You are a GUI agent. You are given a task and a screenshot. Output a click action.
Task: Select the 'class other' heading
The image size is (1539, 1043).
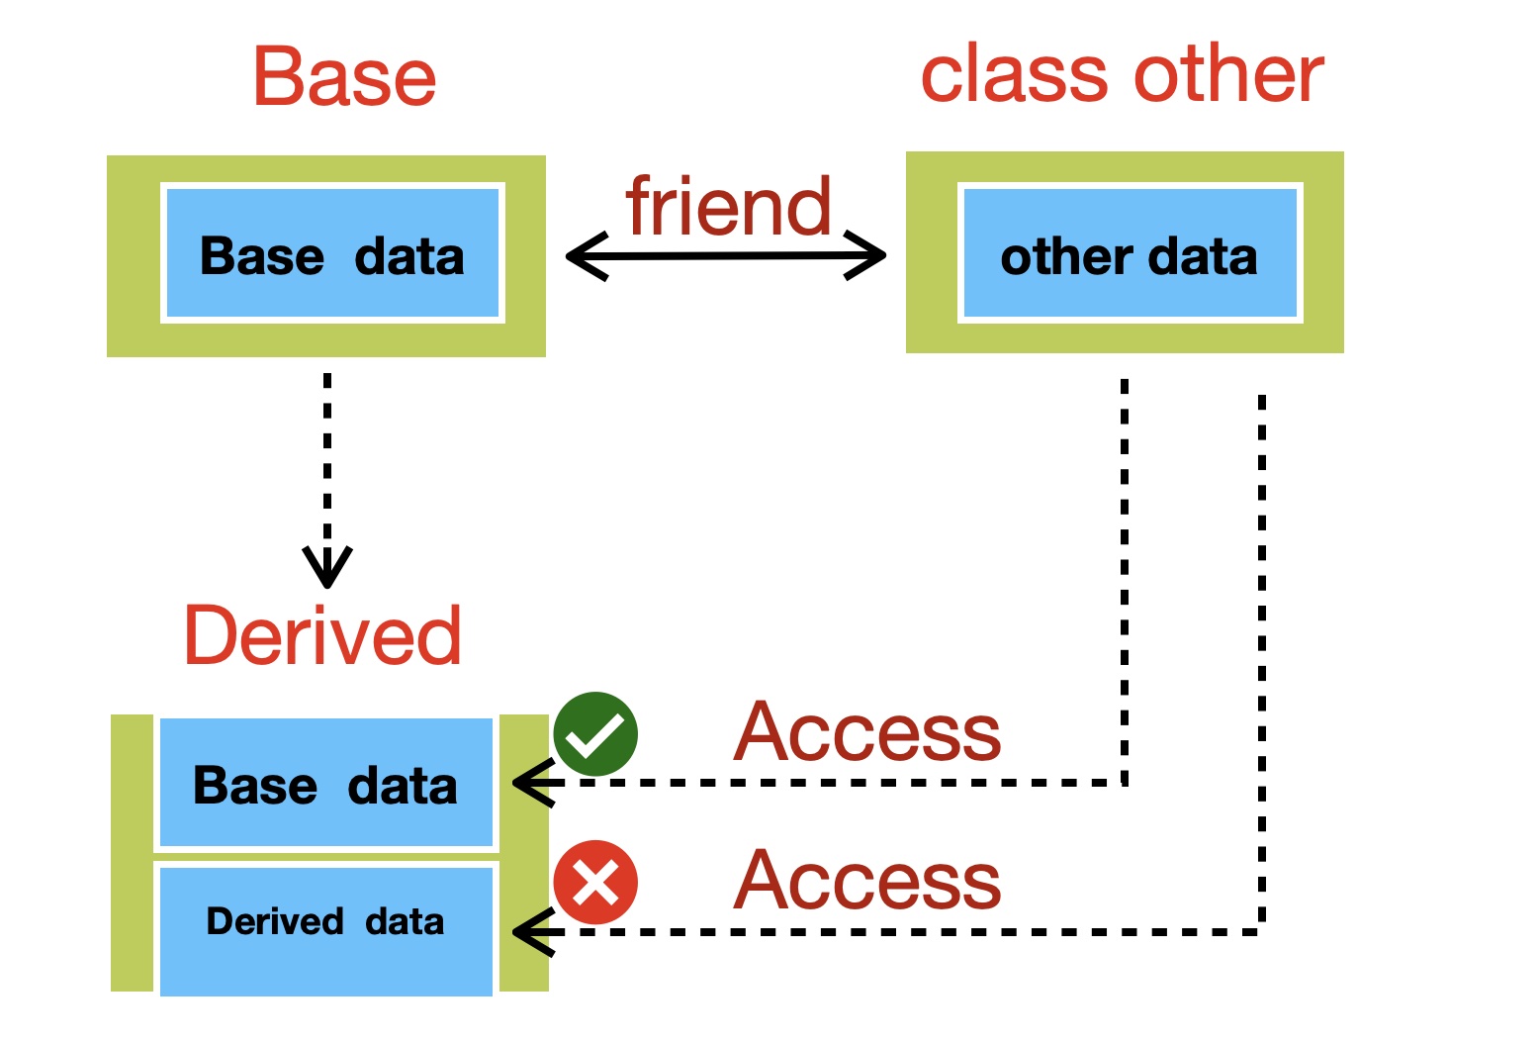tap(1122, 73)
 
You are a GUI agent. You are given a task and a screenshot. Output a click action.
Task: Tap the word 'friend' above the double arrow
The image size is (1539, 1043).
tap(728, 205)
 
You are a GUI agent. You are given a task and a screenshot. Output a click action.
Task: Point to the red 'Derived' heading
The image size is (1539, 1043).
tap(322, 635)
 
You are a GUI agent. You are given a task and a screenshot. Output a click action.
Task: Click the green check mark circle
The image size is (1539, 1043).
tap(595, 734)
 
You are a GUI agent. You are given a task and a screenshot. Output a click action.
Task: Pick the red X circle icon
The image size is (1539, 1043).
tap(595, 882)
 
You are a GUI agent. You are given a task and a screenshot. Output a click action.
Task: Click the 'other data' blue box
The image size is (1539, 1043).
tap(1131, 253)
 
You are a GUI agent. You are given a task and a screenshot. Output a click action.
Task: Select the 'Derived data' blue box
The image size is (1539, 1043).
tap(326, 931)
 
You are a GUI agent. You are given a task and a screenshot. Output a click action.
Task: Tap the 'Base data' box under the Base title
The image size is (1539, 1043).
tap(332, 253)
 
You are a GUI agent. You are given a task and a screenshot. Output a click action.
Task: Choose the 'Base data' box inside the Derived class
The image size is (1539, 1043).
tap(326, 783)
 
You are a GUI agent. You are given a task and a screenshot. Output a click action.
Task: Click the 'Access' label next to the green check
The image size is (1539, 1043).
tap(867, 731)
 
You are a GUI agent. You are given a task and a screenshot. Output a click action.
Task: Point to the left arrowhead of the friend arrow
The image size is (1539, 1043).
tap(586, 256)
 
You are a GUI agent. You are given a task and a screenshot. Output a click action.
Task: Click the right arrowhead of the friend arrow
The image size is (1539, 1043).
tap(865, 255)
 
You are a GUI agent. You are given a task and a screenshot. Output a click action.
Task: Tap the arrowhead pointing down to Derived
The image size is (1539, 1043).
tap(327, 568)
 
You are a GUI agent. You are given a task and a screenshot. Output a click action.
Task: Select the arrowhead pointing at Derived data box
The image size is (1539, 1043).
tap(533, 932)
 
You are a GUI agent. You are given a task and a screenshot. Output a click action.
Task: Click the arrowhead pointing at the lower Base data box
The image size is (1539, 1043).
tap(533, 783)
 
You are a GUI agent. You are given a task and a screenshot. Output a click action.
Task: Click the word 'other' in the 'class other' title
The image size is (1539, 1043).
tap(1228, 73)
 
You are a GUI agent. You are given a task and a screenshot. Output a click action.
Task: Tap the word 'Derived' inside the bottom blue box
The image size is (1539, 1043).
tap(275, 921)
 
